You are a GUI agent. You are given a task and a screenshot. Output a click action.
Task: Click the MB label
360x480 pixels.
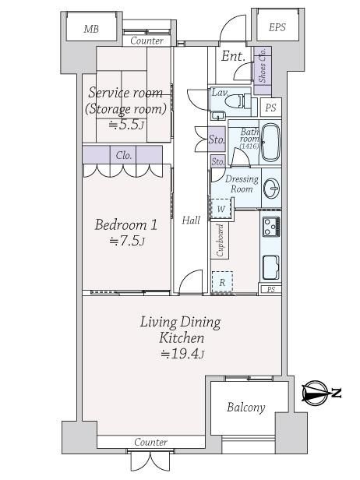tap(91, 29)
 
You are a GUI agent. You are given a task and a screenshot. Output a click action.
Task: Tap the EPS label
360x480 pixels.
tap(277, 27)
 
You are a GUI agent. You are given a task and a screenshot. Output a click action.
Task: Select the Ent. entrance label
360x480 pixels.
tap(233, 56)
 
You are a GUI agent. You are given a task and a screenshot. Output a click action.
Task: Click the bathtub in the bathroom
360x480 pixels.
tap(270, 143)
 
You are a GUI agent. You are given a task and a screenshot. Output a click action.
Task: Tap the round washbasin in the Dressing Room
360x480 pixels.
tap(271, 188)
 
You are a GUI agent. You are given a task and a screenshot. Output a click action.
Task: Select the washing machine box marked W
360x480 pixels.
tap(221, 209)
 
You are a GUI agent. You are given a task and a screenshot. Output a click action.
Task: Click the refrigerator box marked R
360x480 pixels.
tap(222, 282)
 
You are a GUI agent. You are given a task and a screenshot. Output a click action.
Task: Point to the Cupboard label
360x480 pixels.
tap(220, 240)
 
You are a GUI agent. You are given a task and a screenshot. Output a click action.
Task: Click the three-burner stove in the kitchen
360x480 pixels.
tap(271, 226)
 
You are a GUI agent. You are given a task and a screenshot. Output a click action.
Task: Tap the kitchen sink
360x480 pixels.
tap(271, 267)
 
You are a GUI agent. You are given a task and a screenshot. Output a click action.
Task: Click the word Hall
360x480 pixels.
tap(191, 220)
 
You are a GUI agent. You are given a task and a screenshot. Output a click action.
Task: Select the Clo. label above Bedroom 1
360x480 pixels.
tap(124, 156)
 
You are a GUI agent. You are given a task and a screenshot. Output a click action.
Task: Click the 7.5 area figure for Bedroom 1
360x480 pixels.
tap(127, 242)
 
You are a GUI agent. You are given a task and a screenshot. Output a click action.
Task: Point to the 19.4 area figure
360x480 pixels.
tap(182, 354)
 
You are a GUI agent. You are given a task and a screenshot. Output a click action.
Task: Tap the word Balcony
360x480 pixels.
tap(245, 408)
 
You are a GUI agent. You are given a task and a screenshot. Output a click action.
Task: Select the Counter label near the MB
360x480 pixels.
tap(146, 41)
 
